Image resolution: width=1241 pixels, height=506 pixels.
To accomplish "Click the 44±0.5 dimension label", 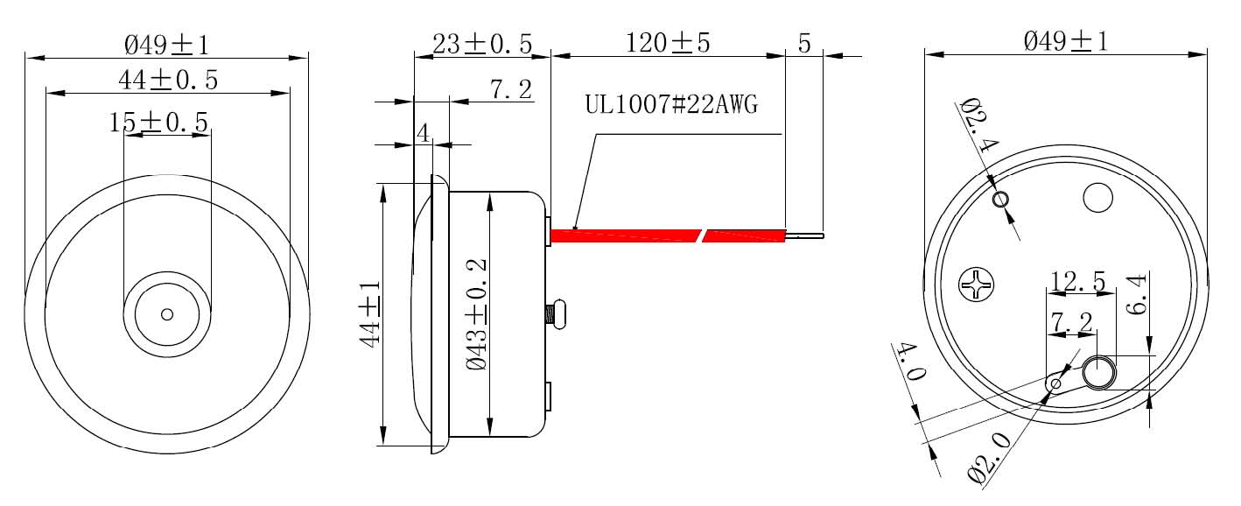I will pyautogui.click(x=168, y=81).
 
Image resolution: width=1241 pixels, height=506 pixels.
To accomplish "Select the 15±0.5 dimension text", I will pyautogui.click(x=159, y=123).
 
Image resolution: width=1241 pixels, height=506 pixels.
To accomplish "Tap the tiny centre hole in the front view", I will pyautogui.click(x=167, y=314).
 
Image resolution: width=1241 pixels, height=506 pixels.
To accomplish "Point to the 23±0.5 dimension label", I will pyautogui.click(x=482, y=44).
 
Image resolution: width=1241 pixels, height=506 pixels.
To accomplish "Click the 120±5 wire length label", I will pyautogui.click(x=668, y=43).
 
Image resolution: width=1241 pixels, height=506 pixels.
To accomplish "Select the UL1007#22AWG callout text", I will pyautogui.click(x=671, y=106).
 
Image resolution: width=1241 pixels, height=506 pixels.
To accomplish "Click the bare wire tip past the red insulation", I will pyautogui.click(x=806, y=235).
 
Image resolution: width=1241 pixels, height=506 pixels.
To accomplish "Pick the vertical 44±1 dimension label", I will pyautogui.click(x=371, y=313).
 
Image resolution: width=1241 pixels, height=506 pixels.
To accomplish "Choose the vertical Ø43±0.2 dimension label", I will pyautogui.click(x=479, y=314).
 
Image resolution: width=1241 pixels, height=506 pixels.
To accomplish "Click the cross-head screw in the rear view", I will pyautogui.click(x=977, y=285).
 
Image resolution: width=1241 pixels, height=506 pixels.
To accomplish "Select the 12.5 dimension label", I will pyautogui.click(x=1078, y=282).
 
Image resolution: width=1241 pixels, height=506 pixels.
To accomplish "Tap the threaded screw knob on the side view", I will pyautogui.click(x=557, y=313).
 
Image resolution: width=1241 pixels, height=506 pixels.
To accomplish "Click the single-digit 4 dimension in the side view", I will pyautogui.click(x=423, y=133).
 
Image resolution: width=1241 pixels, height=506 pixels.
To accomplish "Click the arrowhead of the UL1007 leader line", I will pyautogui.click(x=575, y=227).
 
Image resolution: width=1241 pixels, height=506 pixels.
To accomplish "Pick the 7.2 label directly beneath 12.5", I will pyautogui.click(x=1071, y=322).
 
